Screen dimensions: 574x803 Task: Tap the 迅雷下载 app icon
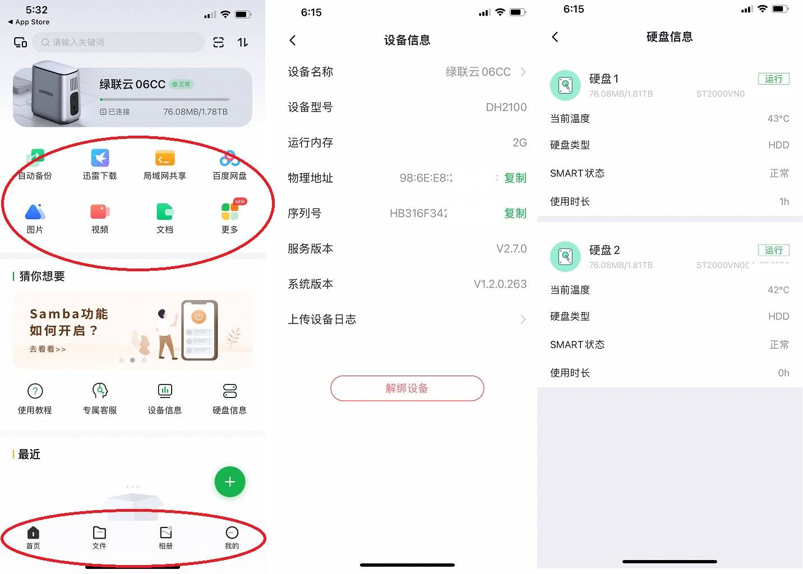tap(100, 158)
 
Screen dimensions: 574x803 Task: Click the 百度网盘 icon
tap(229, 159)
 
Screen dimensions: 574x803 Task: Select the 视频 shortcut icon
tap(100, 212)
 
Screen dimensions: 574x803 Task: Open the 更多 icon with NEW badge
tap(230, 211)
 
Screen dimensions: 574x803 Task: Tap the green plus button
tap(230, 482)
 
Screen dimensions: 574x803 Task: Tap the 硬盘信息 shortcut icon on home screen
tap(229, 391)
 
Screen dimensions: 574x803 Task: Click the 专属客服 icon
tap(100, 391)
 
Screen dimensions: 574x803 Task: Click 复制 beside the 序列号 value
tap(515, 214)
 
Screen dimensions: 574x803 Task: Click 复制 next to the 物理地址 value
tap(515, 178)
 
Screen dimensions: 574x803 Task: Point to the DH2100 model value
tap(506, 108)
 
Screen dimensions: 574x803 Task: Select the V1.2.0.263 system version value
tap(500, 284)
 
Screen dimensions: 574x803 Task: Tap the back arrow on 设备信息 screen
tap(293, 40)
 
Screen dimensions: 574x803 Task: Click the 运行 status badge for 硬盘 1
tap(773, 79)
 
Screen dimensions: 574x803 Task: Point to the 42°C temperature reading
tap(778, 290)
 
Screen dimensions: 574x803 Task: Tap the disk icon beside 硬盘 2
tap(565, 256)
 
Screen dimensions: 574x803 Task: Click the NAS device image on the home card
tap(53, 94)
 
